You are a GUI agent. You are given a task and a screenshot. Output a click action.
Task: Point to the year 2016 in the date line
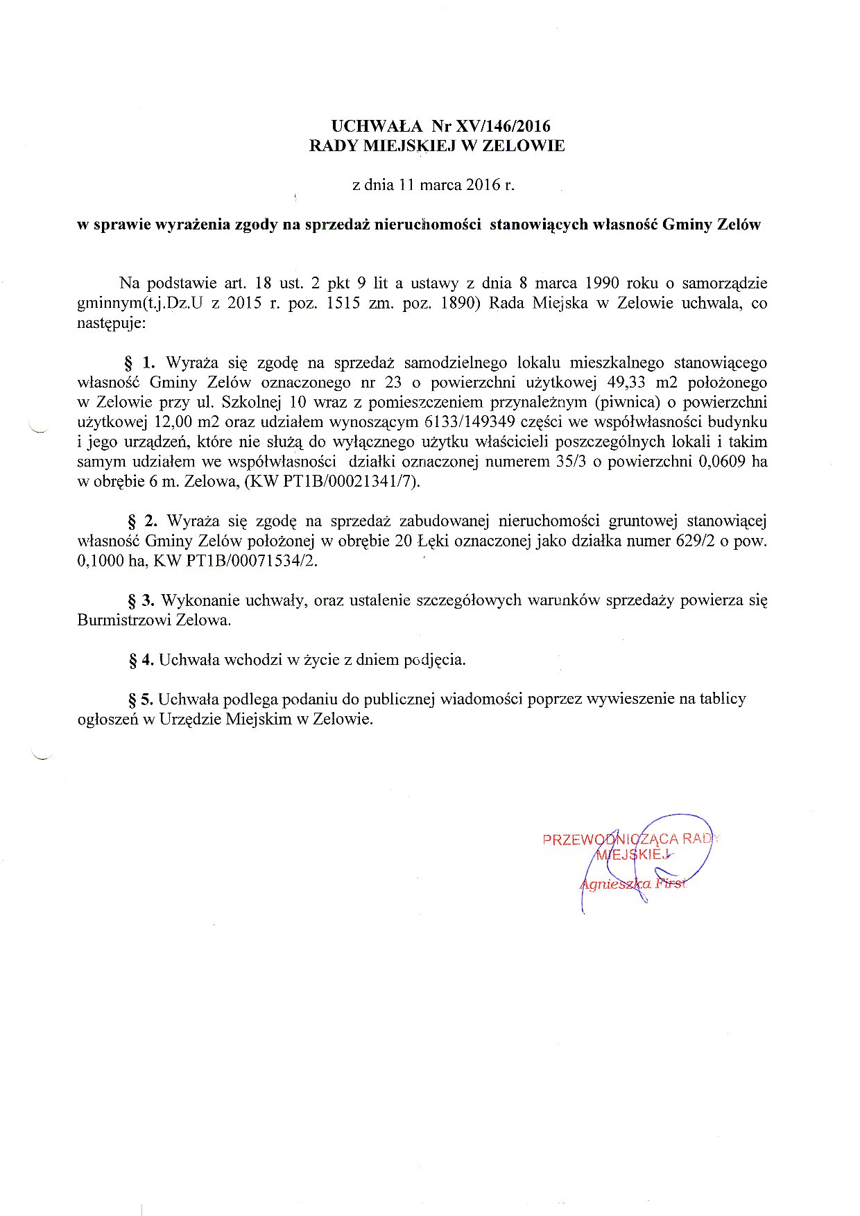483,185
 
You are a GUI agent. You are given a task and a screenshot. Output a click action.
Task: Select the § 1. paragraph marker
139,363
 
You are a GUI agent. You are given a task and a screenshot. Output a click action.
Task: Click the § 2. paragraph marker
141,521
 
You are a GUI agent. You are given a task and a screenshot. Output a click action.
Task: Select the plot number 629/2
695,541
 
